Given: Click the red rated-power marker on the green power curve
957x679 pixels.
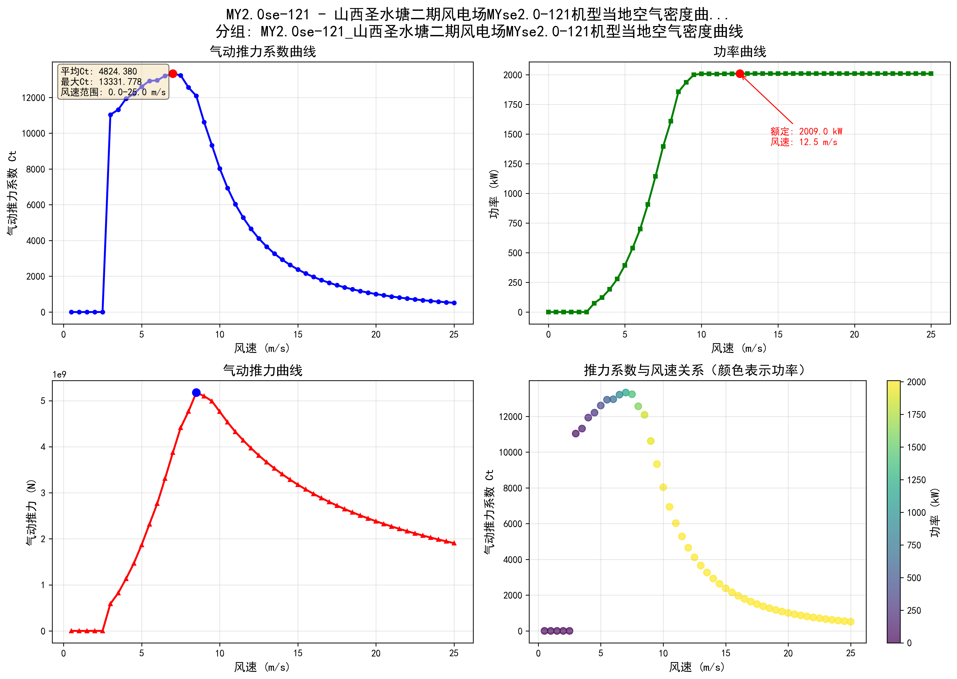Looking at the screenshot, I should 740,74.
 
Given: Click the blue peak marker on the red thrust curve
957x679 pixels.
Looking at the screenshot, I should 196,393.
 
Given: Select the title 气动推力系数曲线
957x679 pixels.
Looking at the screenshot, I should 263,52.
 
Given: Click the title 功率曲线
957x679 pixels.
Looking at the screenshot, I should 740,52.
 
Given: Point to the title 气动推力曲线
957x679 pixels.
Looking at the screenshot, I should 263,370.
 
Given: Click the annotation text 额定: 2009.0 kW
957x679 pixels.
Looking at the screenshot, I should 806,131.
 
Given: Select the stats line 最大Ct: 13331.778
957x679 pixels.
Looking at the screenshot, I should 101,82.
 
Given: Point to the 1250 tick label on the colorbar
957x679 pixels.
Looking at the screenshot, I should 916,480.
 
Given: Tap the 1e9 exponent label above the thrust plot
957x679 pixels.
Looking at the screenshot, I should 59,375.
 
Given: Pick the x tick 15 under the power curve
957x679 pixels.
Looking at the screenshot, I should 778,335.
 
